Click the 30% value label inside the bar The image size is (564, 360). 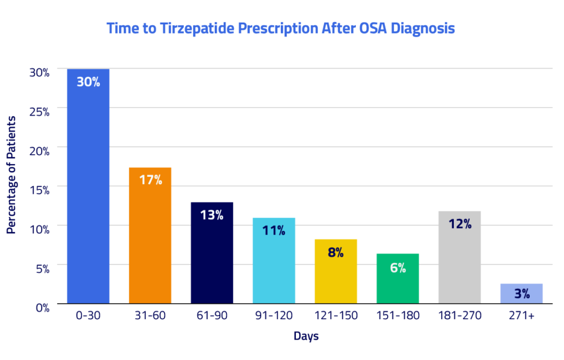(88, 83)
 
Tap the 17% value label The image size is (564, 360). (150, 179)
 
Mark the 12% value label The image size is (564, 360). (460, 224)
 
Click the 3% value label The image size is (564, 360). (522, 294)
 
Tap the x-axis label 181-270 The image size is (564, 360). (459, 315)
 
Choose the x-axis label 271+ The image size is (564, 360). (522, 315)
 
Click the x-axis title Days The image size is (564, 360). (306, 336)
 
